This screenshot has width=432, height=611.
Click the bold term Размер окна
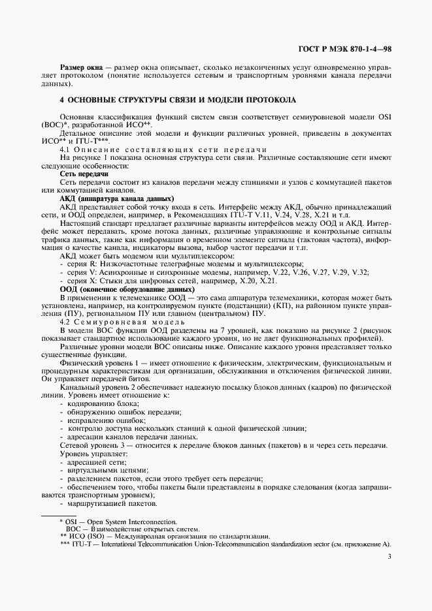82,67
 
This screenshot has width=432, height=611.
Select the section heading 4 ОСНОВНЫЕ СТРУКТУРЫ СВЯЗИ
177,100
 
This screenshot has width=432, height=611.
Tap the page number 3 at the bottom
390,556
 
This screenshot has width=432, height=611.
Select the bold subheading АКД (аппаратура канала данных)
116,197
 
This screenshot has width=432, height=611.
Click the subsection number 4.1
66,149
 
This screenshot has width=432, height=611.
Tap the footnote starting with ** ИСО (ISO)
164,536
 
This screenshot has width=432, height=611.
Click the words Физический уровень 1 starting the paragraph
95,362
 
